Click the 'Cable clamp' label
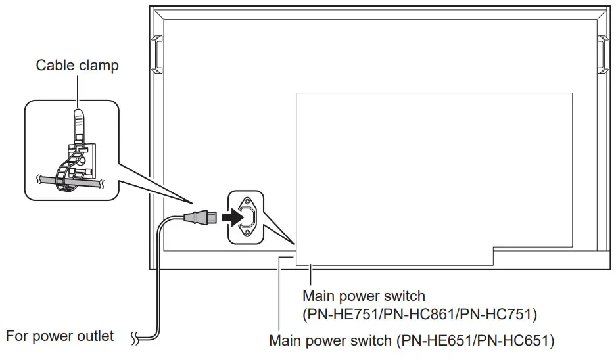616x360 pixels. click(77, 65)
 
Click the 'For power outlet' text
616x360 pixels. click(60, 336)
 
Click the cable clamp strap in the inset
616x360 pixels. click(78, 125)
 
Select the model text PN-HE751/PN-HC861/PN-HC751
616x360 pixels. click(420, 315)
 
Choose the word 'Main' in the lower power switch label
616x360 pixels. click(284, 341)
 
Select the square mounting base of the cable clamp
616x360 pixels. click(84, 161)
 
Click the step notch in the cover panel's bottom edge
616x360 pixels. click(493, 256)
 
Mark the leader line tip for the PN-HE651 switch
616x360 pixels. click(280, 258)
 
